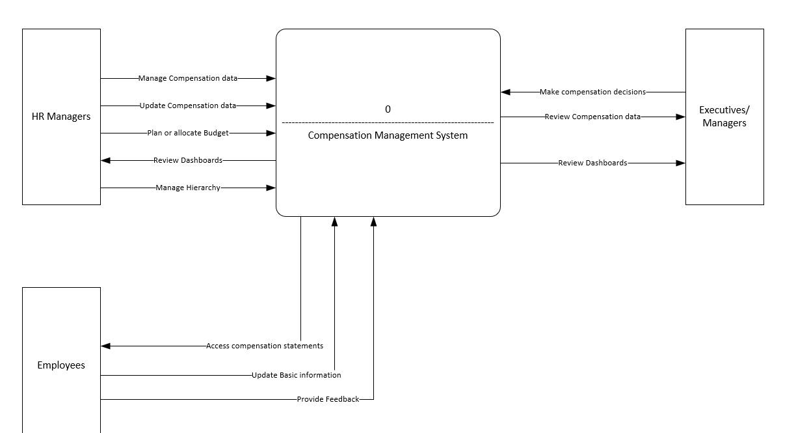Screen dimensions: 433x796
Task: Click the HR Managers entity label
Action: click(61, 117)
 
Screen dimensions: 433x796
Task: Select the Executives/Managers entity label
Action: click(724, 117)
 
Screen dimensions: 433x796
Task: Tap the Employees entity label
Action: click(61, 365)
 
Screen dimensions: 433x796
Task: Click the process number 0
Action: click(388, 109)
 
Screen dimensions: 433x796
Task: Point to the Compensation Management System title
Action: click(388, 135)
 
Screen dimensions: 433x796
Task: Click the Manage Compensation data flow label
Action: click(188, 78)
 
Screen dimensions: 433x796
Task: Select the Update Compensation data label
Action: click(188, 105)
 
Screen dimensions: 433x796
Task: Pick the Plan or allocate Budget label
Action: click(188, 133)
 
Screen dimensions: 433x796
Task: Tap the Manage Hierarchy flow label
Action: click(188, 188)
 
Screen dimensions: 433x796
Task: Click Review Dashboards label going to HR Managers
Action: click(188, 160)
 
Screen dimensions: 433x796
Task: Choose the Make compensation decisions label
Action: click(592, 92)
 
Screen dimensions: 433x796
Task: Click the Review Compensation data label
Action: click(592, 117)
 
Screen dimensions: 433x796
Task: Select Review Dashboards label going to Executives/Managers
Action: click(592, 163)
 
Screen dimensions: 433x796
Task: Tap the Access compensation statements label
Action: click(264, 346)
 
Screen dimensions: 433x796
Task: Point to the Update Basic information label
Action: click(296, 375)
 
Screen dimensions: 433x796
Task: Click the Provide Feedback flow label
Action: click(328, 399)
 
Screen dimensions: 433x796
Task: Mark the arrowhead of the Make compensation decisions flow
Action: click(505, 92)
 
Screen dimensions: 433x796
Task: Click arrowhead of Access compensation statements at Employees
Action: click(106, 346)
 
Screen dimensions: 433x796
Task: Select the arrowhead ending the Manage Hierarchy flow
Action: click(271, 188)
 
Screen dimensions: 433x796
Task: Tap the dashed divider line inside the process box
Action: click(388, 122)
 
